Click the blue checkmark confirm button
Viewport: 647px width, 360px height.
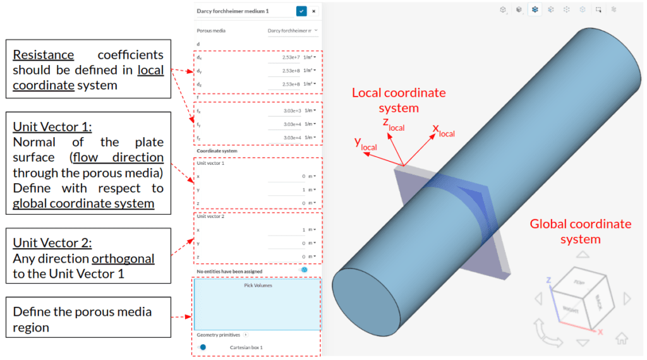301,11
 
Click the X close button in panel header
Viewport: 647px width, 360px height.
314,11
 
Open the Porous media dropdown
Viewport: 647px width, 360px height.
293,30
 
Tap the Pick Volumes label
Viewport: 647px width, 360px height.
257,285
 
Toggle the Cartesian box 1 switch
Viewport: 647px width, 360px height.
202,347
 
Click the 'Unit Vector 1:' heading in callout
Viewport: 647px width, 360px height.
52,127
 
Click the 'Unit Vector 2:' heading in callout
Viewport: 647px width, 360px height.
52,243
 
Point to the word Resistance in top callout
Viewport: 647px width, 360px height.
43,55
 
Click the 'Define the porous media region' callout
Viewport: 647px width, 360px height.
82,320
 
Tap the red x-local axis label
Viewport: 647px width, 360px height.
443,131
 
